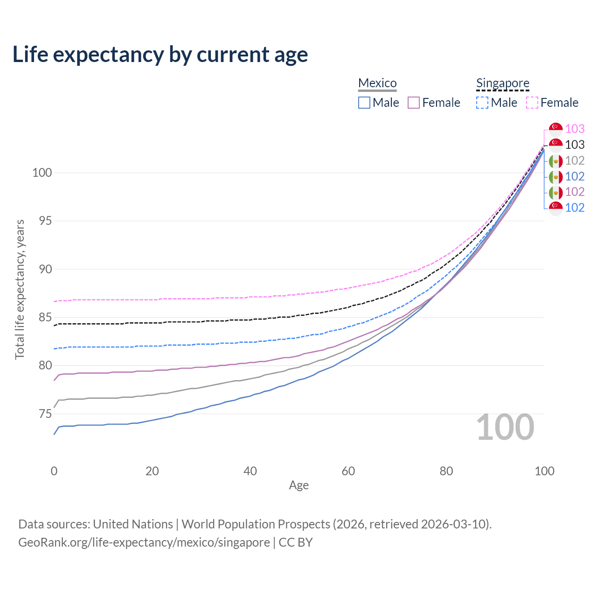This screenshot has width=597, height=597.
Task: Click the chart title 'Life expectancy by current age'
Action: coord(160,55)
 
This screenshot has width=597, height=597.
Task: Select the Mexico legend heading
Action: coord(377,83)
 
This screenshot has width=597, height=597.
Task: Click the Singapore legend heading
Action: coord(502,83)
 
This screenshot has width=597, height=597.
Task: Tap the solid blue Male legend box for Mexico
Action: coord(364,103)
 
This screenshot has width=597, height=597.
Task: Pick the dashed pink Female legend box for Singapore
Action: coord(532,103)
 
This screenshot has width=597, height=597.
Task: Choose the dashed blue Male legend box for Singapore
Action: coord(482,103)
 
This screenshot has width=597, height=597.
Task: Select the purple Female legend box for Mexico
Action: coord(414,103)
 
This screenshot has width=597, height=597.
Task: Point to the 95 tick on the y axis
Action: coord(45,221)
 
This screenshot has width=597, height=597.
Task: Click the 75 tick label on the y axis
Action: coord(45,414)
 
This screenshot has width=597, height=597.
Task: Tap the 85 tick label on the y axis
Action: coord(45,317)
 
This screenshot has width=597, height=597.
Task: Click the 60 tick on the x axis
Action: coord(348,471)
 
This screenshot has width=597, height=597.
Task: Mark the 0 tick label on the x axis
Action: coord(54,471)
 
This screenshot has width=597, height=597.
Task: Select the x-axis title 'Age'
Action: coord(298,486)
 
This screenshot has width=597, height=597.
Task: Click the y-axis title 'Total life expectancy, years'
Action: coord(20,289)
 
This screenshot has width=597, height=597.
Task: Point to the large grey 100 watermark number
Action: coord(505,427)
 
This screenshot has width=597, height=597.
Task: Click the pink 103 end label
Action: coord(575,129)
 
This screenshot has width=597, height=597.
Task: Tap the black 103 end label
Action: coord(575,145)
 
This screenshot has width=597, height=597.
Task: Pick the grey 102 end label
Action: coord(575,160)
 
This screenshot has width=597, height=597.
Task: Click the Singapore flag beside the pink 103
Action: coord(555,130)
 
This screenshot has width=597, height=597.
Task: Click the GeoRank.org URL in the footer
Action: coord(144,542)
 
